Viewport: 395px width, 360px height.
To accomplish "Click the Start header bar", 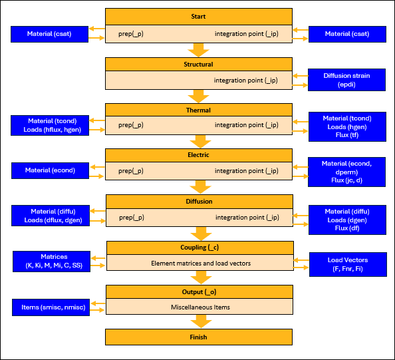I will (198, 16).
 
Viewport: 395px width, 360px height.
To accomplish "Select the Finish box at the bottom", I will (198, 337).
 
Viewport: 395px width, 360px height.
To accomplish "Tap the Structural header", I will (198, 65).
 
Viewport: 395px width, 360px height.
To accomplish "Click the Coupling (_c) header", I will (198, 248).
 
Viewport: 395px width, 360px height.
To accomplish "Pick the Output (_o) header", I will (198, 291).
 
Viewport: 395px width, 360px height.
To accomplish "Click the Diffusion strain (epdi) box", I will (346, 80).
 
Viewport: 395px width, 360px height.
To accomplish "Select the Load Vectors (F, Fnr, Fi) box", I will (346, 264).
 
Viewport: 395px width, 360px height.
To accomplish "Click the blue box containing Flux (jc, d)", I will (346, 172).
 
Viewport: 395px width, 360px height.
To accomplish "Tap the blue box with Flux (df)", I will (346, 220).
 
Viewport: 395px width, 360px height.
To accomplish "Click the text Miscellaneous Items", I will (198, 307).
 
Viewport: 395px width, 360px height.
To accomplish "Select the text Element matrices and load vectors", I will (198, 263).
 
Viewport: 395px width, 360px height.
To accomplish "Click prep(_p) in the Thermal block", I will (131, 124).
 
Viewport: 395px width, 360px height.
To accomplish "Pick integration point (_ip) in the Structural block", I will (245, 81).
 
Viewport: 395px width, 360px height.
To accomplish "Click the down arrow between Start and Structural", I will (198, 50).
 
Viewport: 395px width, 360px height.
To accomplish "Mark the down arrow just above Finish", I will (198, 321).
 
